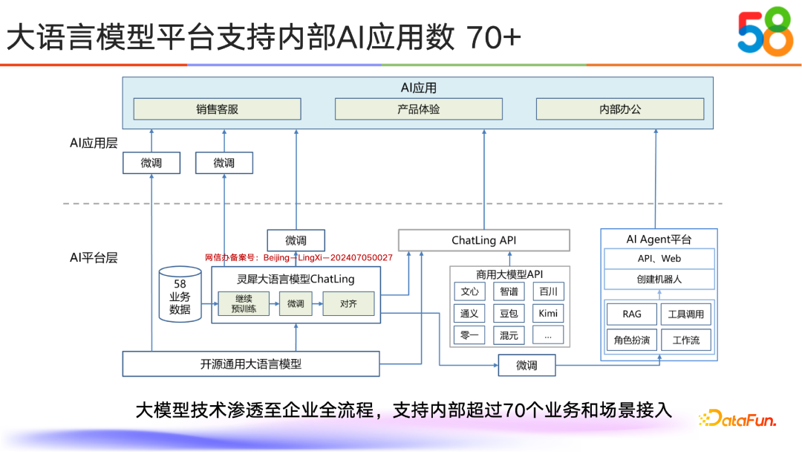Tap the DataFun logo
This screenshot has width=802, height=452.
coord(737,419)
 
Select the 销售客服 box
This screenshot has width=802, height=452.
coord(218,109)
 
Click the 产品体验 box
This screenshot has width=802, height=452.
coord(419,109)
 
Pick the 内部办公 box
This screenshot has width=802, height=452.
coord(620,109)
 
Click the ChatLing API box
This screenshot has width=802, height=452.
coord(484,240)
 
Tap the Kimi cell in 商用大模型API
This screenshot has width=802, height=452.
coord(548,313)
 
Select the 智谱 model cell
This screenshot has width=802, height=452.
coord(509,291)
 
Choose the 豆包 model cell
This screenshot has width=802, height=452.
coord(509,313)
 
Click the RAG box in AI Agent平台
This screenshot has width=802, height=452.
coord(632,314)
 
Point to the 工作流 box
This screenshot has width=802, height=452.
coord(685,340)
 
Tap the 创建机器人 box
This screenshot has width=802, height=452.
coord(659,280)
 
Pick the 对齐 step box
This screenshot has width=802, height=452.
coord(348,303)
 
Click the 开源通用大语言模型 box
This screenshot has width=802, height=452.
coord(251,364)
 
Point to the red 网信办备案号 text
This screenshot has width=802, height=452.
coord(299,257)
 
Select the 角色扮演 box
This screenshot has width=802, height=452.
coord(632,340)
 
